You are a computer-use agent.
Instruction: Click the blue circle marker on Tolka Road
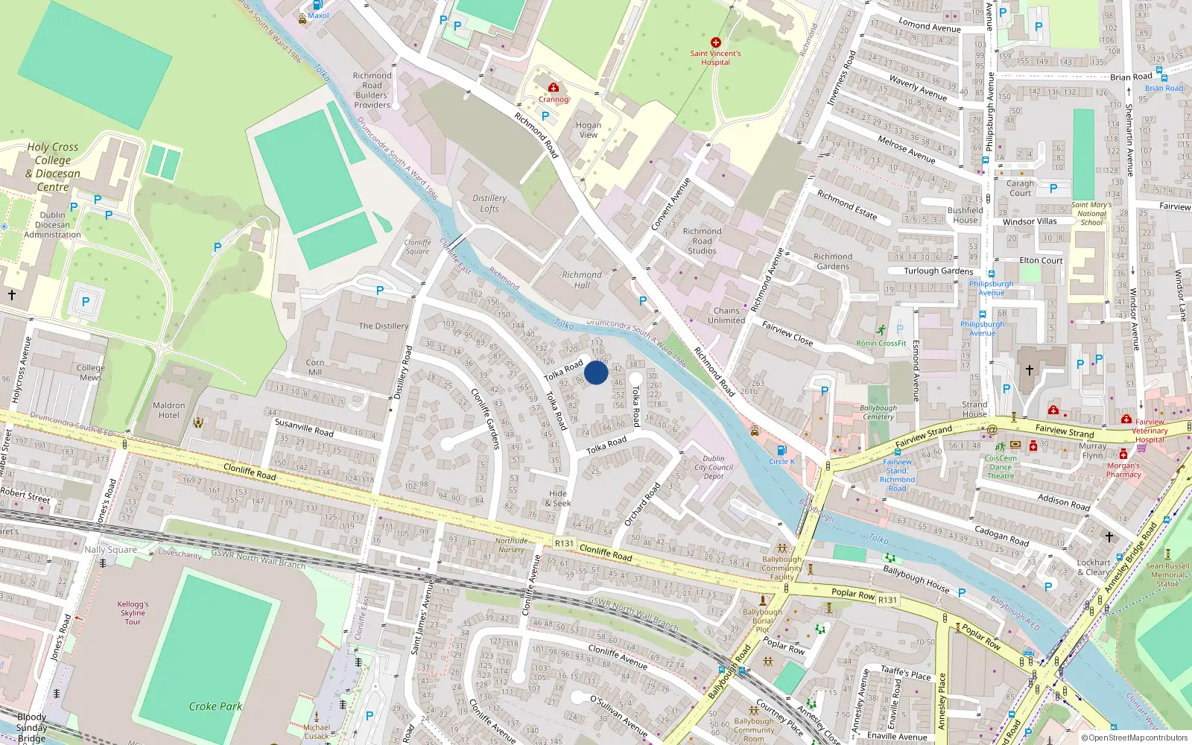596,372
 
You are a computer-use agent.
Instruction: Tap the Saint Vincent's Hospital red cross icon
716,42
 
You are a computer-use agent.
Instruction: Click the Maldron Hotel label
169,410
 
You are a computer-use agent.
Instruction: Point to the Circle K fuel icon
782,450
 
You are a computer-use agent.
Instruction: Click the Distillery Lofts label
489,203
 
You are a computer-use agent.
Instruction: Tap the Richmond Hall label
582,279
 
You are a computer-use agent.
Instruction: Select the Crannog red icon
554,88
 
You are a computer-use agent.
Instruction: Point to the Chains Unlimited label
726,315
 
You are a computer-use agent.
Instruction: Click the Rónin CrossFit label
881,343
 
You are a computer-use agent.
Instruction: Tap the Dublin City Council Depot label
714,467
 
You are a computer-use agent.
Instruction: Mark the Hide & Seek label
558,498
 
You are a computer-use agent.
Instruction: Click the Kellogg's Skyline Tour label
133,612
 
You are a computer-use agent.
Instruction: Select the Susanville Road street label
304,427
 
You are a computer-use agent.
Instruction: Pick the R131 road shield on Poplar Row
887,600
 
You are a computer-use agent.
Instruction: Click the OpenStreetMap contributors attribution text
1135,738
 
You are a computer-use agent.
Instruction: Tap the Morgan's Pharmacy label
1123,470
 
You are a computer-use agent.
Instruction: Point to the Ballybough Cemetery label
878,412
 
